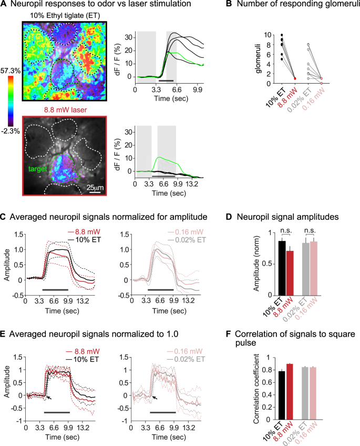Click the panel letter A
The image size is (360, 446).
pyautogui.click(x=4, y=5)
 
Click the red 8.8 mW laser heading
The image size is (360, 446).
pyautogui.click(x=63, y=110)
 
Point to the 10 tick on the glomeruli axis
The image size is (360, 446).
pyautogui.click(x=270, y=35)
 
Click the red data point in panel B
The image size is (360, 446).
pyautogui.click(x=295, y=78)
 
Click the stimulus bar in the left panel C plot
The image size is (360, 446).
pyautogui.click(x=55, y=290)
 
